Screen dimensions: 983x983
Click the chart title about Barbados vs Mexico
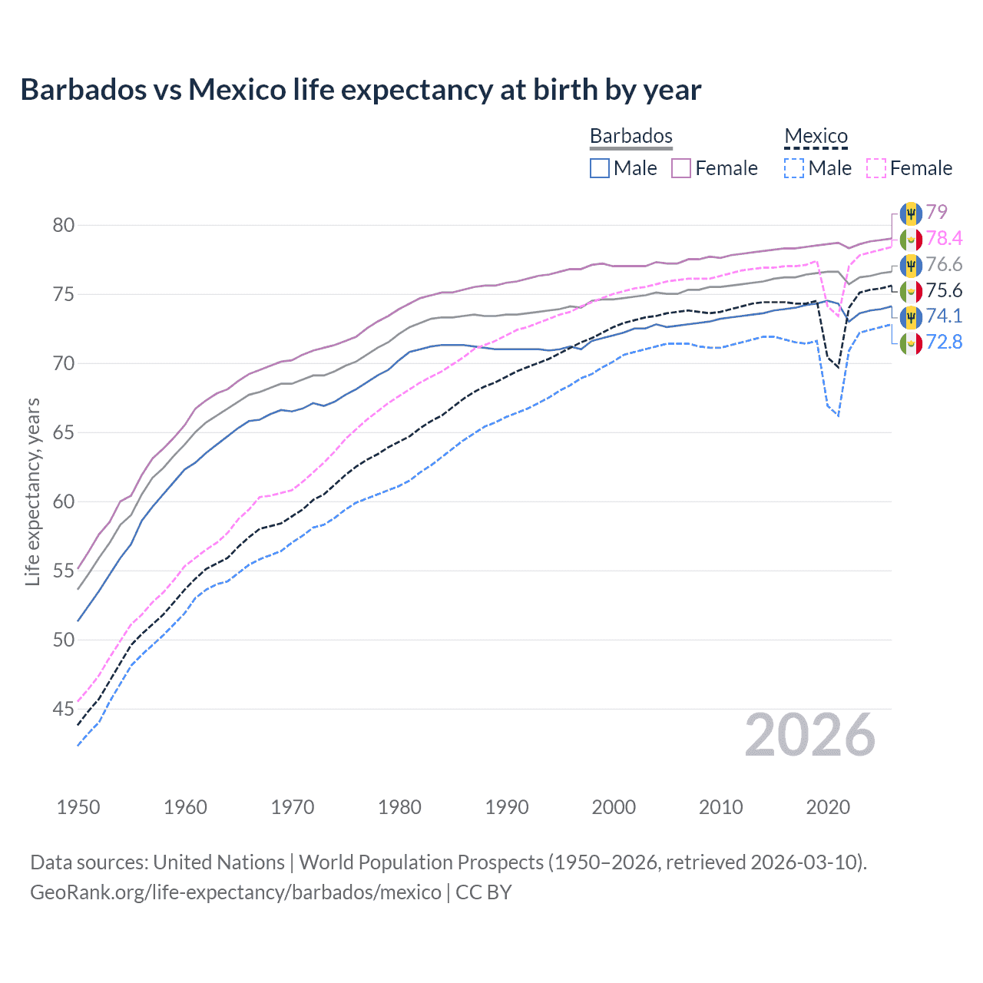point(360,90)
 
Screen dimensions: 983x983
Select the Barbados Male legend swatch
point(600,168)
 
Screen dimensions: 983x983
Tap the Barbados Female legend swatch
point(681,168)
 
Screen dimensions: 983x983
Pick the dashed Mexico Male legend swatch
point(794,168)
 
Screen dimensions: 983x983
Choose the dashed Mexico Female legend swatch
point(875,168)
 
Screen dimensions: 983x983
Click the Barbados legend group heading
point(631,136)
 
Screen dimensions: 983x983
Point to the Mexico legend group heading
point(816,136)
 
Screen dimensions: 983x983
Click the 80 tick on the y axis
point(64,225)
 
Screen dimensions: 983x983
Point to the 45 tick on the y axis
point(64,709)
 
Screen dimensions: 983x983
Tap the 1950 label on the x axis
point(78,807)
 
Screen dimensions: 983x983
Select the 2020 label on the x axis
point(828,807)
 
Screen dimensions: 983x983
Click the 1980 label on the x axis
point(399,807)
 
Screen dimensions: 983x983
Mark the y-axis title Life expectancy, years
point(32,491)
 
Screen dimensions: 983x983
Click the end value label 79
point(936,212)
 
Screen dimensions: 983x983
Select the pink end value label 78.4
point(944,238)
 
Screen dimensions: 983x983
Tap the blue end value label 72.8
point(944,342)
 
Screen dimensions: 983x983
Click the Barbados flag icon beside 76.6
point(911,265)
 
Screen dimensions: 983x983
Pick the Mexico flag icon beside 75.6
point(911,291)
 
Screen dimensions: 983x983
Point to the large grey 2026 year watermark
point(809,736)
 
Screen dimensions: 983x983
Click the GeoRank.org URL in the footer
point(235,892)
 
